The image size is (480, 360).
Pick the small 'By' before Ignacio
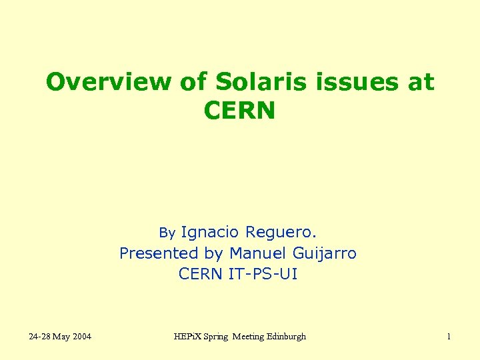[x=167, y=233]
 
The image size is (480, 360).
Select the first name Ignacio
[x=209, y=232]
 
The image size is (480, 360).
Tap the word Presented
[x=159, y=253]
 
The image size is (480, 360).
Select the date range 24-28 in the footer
[x=39, y=337]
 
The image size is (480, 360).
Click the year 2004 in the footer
[x=81, y=337]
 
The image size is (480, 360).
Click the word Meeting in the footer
[x=247, y=337]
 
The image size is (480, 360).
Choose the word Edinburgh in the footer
[x=287, y=337]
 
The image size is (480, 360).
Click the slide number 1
[x=449, y=337]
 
